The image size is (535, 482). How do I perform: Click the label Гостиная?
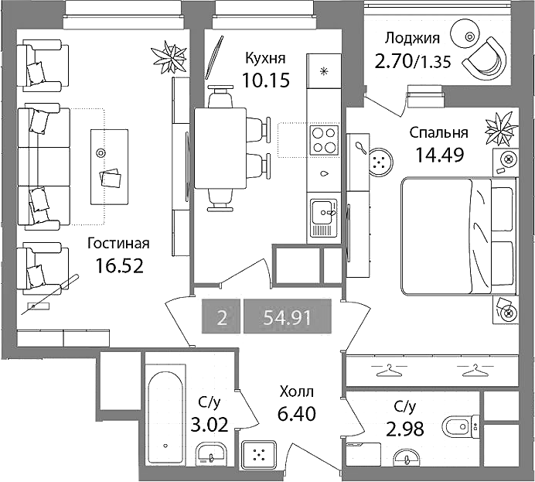click(118, 244)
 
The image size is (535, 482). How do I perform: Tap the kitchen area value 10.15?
click(266, 80)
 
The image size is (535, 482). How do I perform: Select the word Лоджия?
click(412, 39)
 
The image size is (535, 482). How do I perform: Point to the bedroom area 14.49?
click(439, 155)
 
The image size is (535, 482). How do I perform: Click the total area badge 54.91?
click(288, 316)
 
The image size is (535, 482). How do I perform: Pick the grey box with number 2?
click(221, 316)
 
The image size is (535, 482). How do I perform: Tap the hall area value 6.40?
click(297, 414)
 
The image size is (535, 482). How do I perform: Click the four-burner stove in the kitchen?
click(324, 139)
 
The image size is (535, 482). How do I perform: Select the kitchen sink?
click(323, 217)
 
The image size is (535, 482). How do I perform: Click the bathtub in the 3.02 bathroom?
click(165, 415)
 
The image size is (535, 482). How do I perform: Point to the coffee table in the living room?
click(109, 167)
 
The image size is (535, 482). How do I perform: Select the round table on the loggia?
click(465, 35)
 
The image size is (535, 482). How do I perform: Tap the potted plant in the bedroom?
click(499, 128)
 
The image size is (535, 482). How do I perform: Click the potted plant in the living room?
click(169, 56)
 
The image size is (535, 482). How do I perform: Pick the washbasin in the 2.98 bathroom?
click(407, 457)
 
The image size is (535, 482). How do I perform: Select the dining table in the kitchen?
click(220, 149)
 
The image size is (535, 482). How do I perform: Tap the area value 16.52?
click(119, 265)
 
